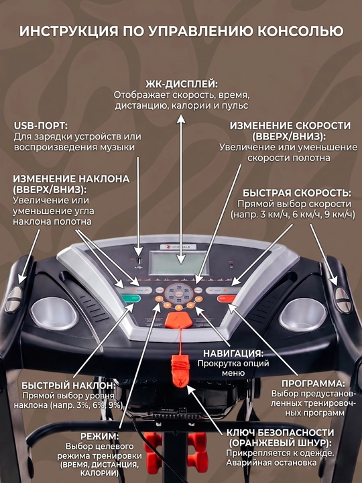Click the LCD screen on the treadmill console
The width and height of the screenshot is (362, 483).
(179, 262)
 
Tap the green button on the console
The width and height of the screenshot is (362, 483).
(131, 298)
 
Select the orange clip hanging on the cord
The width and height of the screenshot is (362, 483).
(179, 370)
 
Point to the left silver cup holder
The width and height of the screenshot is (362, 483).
(54, 313)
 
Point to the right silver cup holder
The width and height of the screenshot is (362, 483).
(302, 314)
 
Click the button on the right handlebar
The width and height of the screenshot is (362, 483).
(343, 300)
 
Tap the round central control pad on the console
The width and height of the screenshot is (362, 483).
(178, 294)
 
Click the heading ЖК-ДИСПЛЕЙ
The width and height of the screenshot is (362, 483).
(182, 85)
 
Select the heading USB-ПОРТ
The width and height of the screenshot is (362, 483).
(40, 126)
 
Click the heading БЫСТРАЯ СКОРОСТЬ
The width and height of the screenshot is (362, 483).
(297, 193)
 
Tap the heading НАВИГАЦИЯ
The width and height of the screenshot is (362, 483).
(233, 354)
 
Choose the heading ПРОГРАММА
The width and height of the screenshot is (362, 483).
(313, 384)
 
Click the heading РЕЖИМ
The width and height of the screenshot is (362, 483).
(99, 437)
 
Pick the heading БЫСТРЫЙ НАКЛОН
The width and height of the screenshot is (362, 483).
(68, 386)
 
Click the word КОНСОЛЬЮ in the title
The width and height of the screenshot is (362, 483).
(300, 32)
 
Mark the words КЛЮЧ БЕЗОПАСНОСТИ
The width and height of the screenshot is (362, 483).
(280, 433)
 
